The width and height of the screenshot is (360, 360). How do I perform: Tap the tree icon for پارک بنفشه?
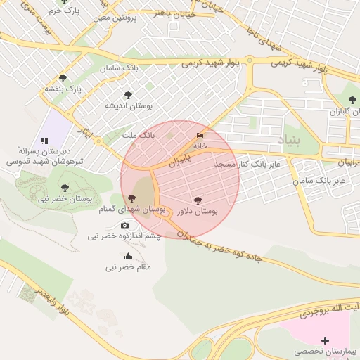click(x=63, y=78)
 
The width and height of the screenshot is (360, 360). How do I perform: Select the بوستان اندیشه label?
click(x=129, y=105)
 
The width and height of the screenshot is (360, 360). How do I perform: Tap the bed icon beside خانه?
click(x=200, y=135)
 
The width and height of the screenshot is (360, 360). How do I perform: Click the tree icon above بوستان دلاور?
click(x=197, y=200)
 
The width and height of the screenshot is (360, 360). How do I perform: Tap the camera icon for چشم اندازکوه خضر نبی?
click(x=125, y=225)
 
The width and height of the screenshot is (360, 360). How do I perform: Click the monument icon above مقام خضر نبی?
click(x=128, y=256)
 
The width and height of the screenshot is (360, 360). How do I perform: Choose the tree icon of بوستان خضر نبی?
click(x=65, y=188)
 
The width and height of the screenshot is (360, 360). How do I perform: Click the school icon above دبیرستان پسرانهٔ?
click(x=44, y=141)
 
